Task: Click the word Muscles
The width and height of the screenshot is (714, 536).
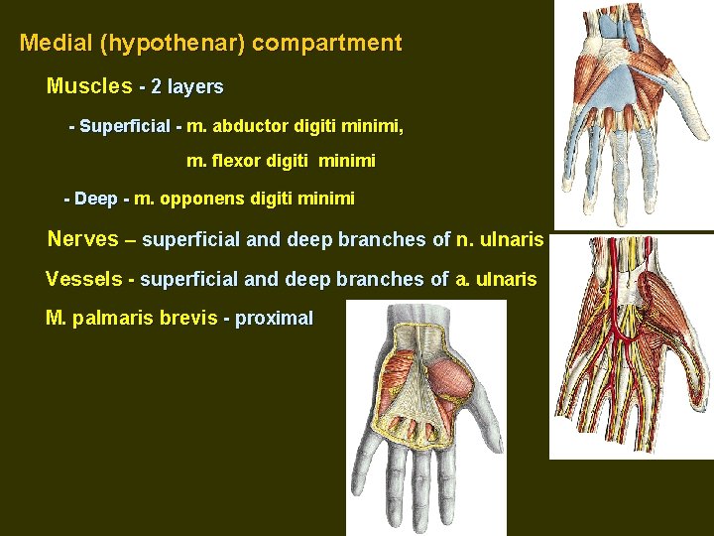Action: [88, 86]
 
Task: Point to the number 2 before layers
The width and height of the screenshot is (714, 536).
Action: [157, 87]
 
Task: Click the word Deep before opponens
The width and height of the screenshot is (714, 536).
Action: [96, 199]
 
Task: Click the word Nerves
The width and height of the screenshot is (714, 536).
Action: [83, 239]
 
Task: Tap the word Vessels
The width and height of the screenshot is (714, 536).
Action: [83, 279]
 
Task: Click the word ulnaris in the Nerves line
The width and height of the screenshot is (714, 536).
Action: [511, 239]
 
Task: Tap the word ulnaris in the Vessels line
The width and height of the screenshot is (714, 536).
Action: [505, 279]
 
